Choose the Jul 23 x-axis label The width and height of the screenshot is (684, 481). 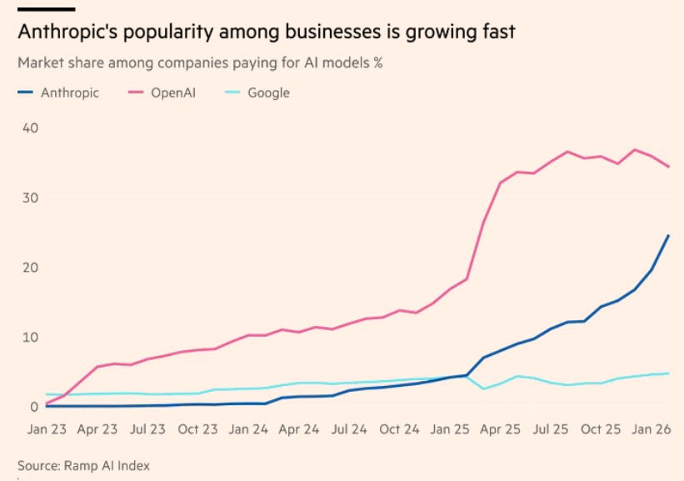click(147, 430)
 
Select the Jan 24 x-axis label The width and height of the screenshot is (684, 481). click(249, 430)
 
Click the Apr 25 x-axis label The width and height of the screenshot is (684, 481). click(501, 430)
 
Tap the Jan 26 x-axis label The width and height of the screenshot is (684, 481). click(652, 430)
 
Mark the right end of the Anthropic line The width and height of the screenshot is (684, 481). click(669, 235)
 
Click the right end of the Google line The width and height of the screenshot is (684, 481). click(669, 373)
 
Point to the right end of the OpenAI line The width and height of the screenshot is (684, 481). click(669, 167)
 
